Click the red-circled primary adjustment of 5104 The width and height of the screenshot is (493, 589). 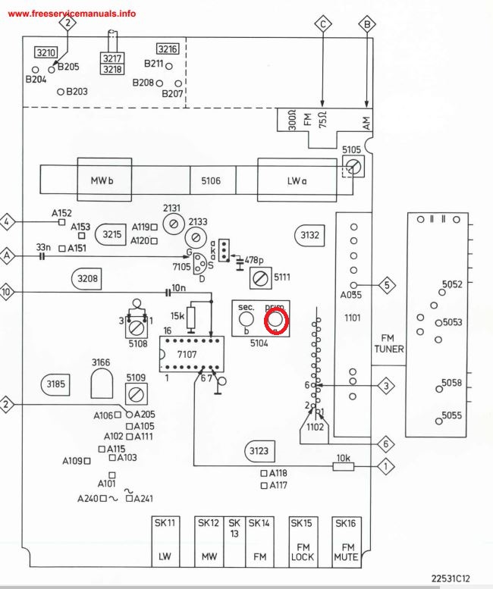pos(275,322)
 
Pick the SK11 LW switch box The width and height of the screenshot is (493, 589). pos(165,540)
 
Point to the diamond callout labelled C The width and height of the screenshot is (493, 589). pos(324,24)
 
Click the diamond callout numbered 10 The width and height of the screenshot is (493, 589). pos(8,292)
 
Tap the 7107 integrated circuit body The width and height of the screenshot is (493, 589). pos(190,354)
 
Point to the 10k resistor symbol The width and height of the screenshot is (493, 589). pos(344,465)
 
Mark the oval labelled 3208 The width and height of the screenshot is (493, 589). pos(87,279)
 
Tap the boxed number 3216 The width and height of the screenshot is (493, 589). pos(168,49)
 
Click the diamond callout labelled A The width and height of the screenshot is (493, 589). pos(8,255)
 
